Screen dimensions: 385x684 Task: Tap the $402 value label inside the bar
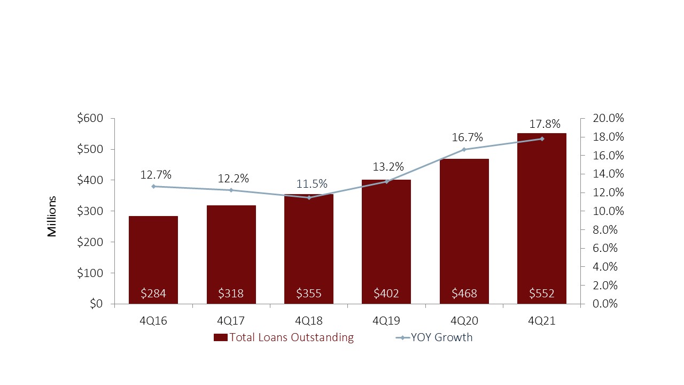(386, 293)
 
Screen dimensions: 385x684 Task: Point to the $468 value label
(464, 293)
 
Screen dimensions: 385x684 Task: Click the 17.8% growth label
(545, 124)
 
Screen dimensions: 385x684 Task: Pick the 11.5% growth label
(312, 184)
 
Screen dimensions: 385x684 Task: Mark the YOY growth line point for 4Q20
(464, 149)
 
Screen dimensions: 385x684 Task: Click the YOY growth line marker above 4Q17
(231, 190)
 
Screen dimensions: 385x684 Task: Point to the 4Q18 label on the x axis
(308, 320)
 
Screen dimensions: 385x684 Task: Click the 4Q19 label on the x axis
(386, 320)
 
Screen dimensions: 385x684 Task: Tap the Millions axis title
(52, 217)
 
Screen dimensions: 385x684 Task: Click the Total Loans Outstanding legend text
(291, 337)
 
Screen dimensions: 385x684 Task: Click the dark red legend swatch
(221, 337)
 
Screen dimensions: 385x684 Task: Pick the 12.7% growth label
(156, 174)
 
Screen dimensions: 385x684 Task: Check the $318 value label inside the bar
(231, 293)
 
